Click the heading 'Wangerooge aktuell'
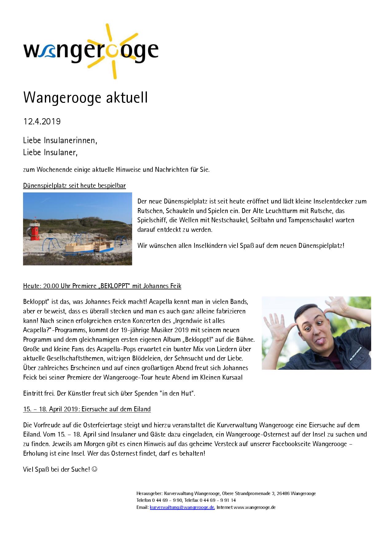coord(85,98)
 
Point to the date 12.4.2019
coord(42,122)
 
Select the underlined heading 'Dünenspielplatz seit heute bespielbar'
coord(74,185)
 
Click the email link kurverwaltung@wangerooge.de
coord(182,507)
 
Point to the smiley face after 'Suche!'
coord(95,469)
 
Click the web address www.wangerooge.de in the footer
coord(254,507)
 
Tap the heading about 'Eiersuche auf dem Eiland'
coord(87,409)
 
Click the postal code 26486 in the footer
coord(283,493)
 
